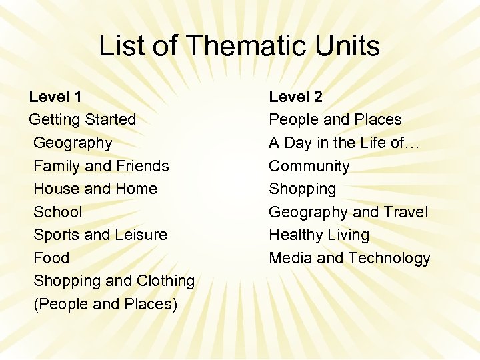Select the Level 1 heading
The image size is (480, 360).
[55, 97]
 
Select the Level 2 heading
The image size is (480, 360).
[295, 97]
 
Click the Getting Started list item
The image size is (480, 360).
[82, 120]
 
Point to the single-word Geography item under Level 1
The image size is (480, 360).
[73, 143]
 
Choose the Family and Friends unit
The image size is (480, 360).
[101, 166]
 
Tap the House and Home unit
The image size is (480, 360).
[95, 189]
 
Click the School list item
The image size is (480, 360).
[57, 212]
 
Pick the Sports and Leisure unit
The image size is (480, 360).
[100, 235]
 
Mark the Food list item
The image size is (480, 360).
[51, 258]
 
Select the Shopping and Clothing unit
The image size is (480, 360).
[113, 281]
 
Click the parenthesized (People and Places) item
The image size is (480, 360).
[105, 304]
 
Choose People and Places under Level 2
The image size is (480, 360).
[335, 120]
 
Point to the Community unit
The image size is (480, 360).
[309, 166]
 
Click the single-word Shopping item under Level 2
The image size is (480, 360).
[302, 189]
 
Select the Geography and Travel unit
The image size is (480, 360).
[348, 212]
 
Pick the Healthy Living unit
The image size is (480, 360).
[319, 235]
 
